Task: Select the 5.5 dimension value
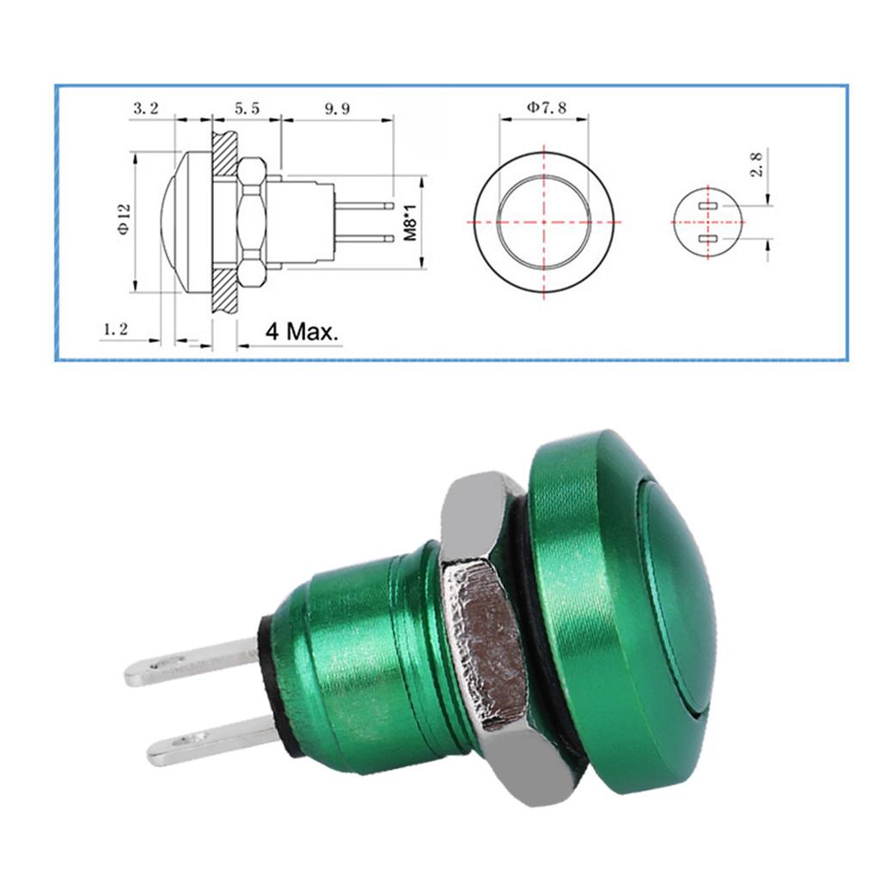pos(245,109)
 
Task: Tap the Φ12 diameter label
pos(122,219)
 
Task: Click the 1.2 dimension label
pos(115,329)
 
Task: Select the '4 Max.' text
pos(302,332)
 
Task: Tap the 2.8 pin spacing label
pos(756,164)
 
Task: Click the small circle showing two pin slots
pos(707,222)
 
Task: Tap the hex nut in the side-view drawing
pos(252,222)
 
